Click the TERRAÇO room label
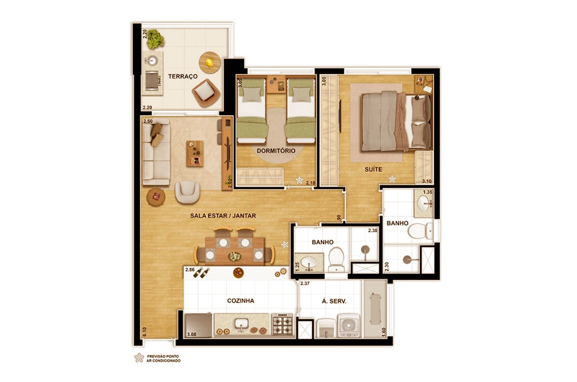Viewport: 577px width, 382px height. [183, 77]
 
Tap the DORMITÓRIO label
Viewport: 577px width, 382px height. [276, 151]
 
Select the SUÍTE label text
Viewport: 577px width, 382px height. [373, 169]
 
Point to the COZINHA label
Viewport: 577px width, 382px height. [241, 300]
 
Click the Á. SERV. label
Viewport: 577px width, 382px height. [334, 301]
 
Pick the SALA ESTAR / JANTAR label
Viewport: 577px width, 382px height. [223, 216]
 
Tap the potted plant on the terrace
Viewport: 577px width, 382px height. [155, 39]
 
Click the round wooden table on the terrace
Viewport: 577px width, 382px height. [210, 63]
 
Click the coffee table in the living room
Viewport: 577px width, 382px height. [195, 154]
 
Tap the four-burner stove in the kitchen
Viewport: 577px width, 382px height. [283, 324]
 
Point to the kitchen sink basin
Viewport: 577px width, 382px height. [241, 323]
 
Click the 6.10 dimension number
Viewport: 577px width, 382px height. [145, 331]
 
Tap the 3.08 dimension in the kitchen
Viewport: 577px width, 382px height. [192, 335]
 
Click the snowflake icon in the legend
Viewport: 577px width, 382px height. [139, 358]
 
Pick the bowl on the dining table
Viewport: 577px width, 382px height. [235, 256]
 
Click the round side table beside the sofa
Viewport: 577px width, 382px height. [156, 197]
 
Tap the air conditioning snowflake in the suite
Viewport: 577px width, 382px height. [392, 179]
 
